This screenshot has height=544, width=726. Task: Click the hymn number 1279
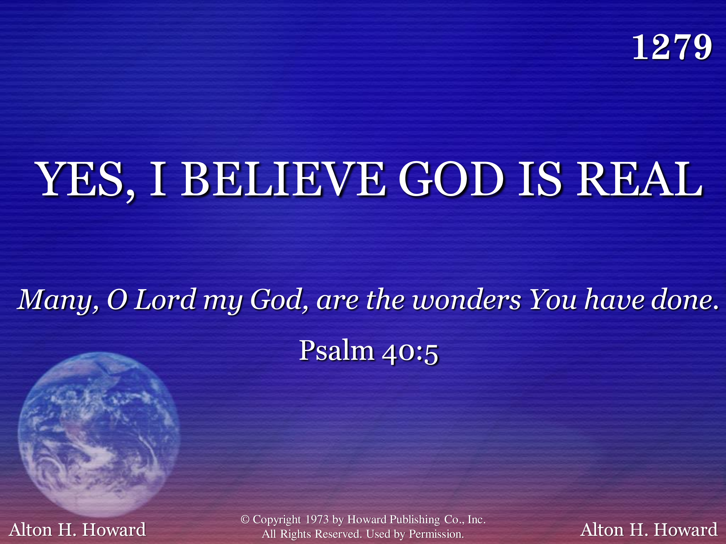click(672, 48)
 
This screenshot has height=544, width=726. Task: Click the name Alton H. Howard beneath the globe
click(77, 529)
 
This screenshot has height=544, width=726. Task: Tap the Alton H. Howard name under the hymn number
click(649, 529)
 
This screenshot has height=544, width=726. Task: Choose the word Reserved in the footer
click(338, 534)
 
